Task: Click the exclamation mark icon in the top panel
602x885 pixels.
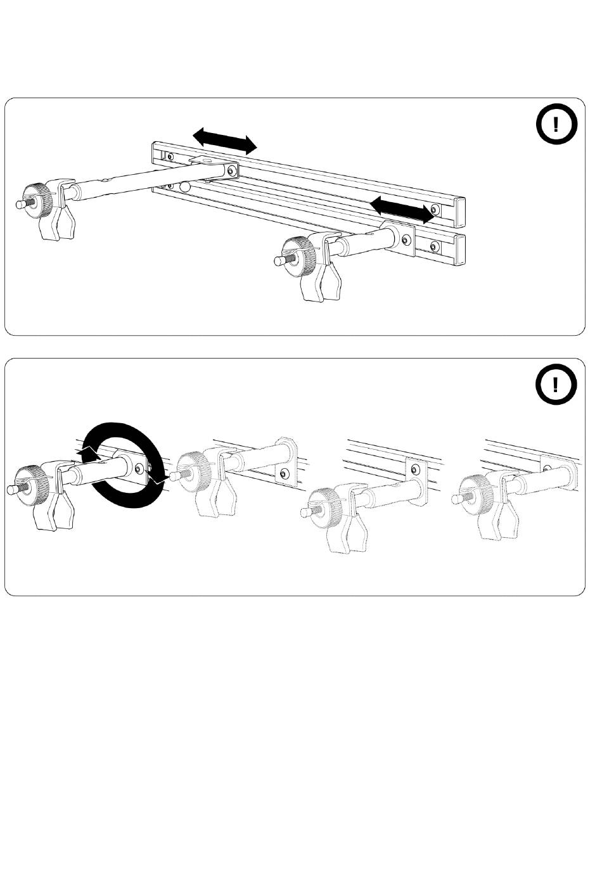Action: tap(555, 124)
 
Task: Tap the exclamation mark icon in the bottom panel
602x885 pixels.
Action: tap(555, 384)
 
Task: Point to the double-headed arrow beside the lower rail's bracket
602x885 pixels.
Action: tap(402, 210)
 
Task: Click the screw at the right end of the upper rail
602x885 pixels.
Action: tap(434, 210)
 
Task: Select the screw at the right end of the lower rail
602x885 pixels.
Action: tap(434, 246)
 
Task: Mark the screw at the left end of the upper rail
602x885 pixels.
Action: tap(169, 156)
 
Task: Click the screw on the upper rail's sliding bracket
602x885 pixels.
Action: tap(232, 171)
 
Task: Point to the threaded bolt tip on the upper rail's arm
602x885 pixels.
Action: tap(20, 204)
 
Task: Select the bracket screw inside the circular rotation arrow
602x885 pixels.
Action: tap(139, 468)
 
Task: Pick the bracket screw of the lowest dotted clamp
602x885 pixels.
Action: tap(415, 469)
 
